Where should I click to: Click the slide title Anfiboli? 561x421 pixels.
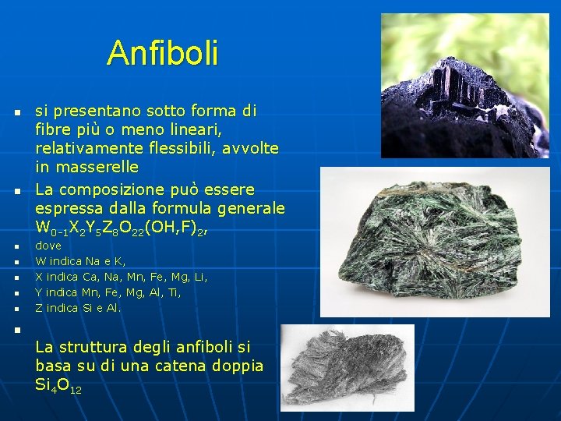pos(163,53)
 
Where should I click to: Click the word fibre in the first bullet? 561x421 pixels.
pos(52,129)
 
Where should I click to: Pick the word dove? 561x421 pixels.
pos(48,246)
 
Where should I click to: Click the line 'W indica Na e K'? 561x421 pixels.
pos(81,261)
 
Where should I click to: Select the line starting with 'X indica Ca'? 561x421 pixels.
pos(122,277)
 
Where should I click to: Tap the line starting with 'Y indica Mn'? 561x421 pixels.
pos(108,292)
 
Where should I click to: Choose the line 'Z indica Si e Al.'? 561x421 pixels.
pos(79,308)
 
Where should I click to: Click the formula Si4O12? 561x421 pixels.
pos(58,385)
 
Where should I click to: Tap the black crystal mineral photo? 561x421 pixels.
pos(464,86)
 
